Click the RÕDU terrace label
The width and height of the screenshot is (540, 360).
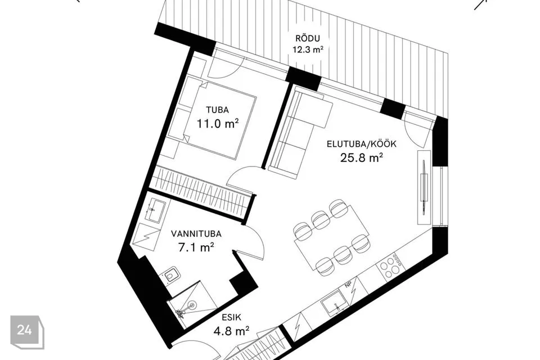pos(308,38)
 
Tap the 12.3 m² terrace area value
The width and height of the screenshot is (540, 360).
pos(308,49)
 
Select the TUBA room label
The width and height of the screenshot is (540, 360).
pos(217,110)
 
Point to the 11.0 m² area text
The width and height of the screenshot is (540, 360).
pos(218,123)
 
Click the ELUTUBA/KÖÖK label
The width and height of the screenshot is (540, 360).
pos(362,143)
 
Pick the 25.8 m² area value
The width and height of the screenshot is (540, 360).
pos(362,157)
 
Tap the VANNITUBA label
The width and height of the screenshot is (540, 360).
pos(196,234)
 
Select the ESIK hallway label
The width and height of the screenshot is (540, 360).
pos(232,318)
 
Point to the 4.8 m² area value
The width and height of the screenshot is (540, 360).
pos(232,331)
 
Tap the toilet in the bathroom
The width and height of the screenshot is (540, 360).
pos(170,276)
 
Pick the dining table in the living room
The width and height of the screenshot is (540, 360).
pos(332,238)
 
